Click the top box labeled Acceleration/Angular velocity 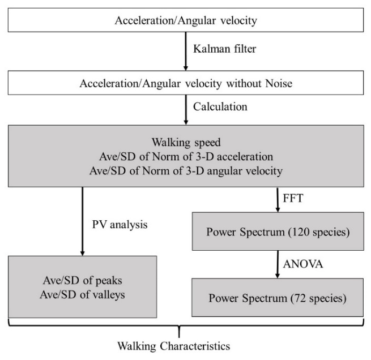[x=185, y=22]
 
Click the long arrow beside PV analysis [x=83, y=221]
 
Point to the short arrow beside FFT [x=278, y=199]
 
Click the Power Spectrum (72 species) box [x=277, y=297]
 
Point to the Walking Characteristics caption [x=174, y=345]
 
